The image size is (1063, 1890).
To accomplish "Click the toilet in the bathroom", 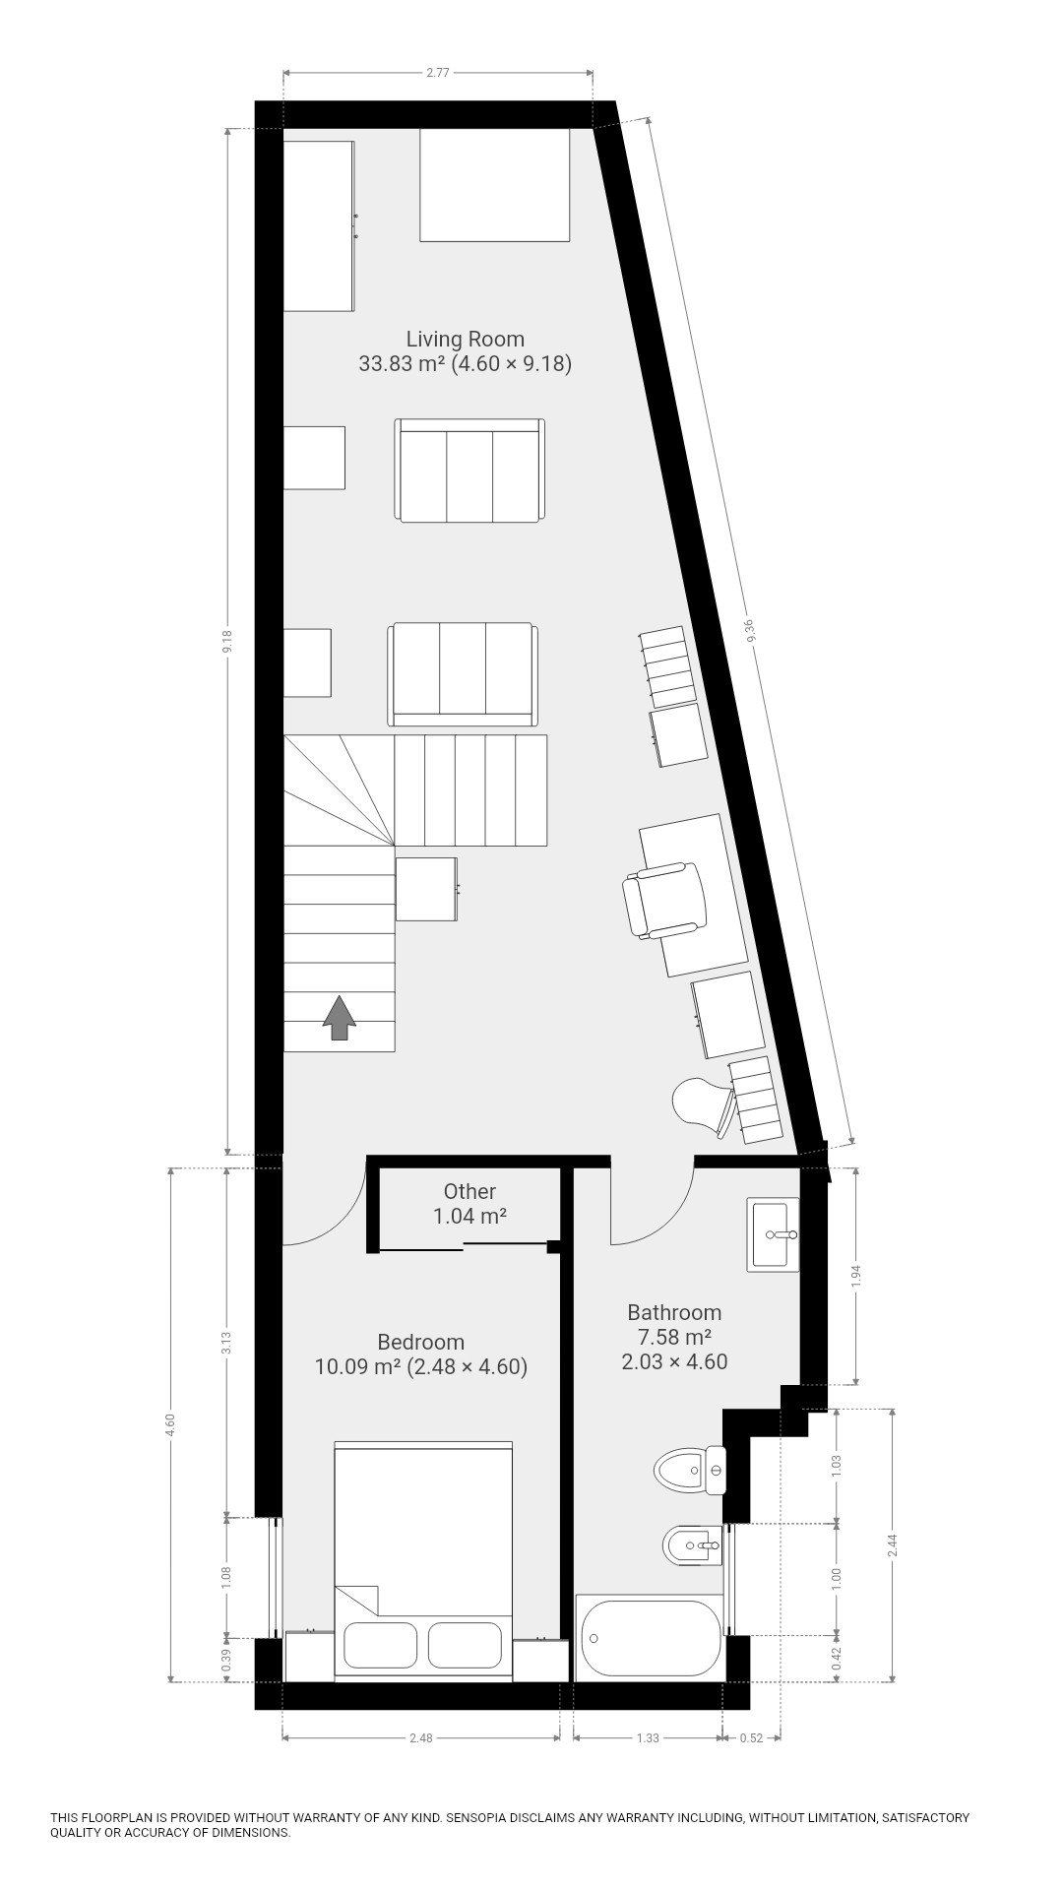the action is tap(690, 1471).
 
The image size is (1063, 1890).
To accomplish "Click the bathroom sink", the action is tap(773, 1234).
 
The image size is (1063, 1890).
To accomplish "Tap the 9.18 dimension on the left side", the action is tap(227, 642).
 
